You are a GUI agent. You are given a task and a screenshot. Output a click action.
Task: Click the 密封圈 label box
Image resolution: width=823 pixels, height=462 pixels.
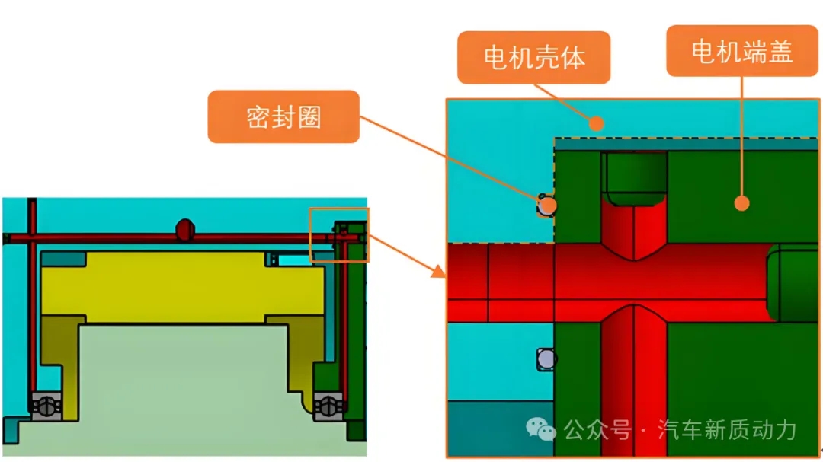[283, 116]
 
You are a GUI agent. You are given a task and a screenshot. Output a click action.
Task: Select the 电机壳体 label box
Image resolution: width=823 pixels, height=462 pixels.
[533, 58]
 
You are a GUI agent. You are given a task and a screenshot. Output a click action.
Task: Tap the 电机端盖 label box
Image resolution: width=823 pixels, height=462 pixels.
[741, 51]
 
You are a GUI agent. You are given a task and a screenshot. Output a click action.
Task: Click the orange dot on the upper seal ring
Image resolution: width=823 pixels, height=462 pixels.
[546, 205]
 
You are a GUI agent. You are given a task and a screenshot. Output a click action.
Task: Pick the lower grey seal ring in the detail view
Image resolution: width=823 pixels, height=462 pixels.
[546, 358]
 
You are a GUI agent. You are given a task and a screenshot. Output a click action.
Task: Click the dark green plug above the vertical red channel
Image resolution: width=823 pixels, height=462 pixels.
[635, 178]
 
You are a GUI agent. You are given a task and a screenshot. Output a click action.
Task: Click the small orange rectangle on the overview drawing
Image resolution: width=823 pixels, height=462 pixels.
[339, 234]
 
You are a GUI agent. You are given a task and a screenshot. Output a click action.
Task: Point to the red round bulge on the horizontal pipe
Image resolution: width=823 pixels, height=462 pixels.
[185, 228]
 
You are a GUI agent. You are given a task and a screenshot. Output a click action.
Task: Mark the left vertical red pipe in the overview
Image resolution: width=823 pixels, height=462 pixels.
[31, 304]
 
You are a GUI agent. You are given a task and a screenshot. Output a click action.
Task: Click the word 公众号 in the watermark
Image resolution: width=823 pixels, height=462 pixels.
[597, 431]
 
